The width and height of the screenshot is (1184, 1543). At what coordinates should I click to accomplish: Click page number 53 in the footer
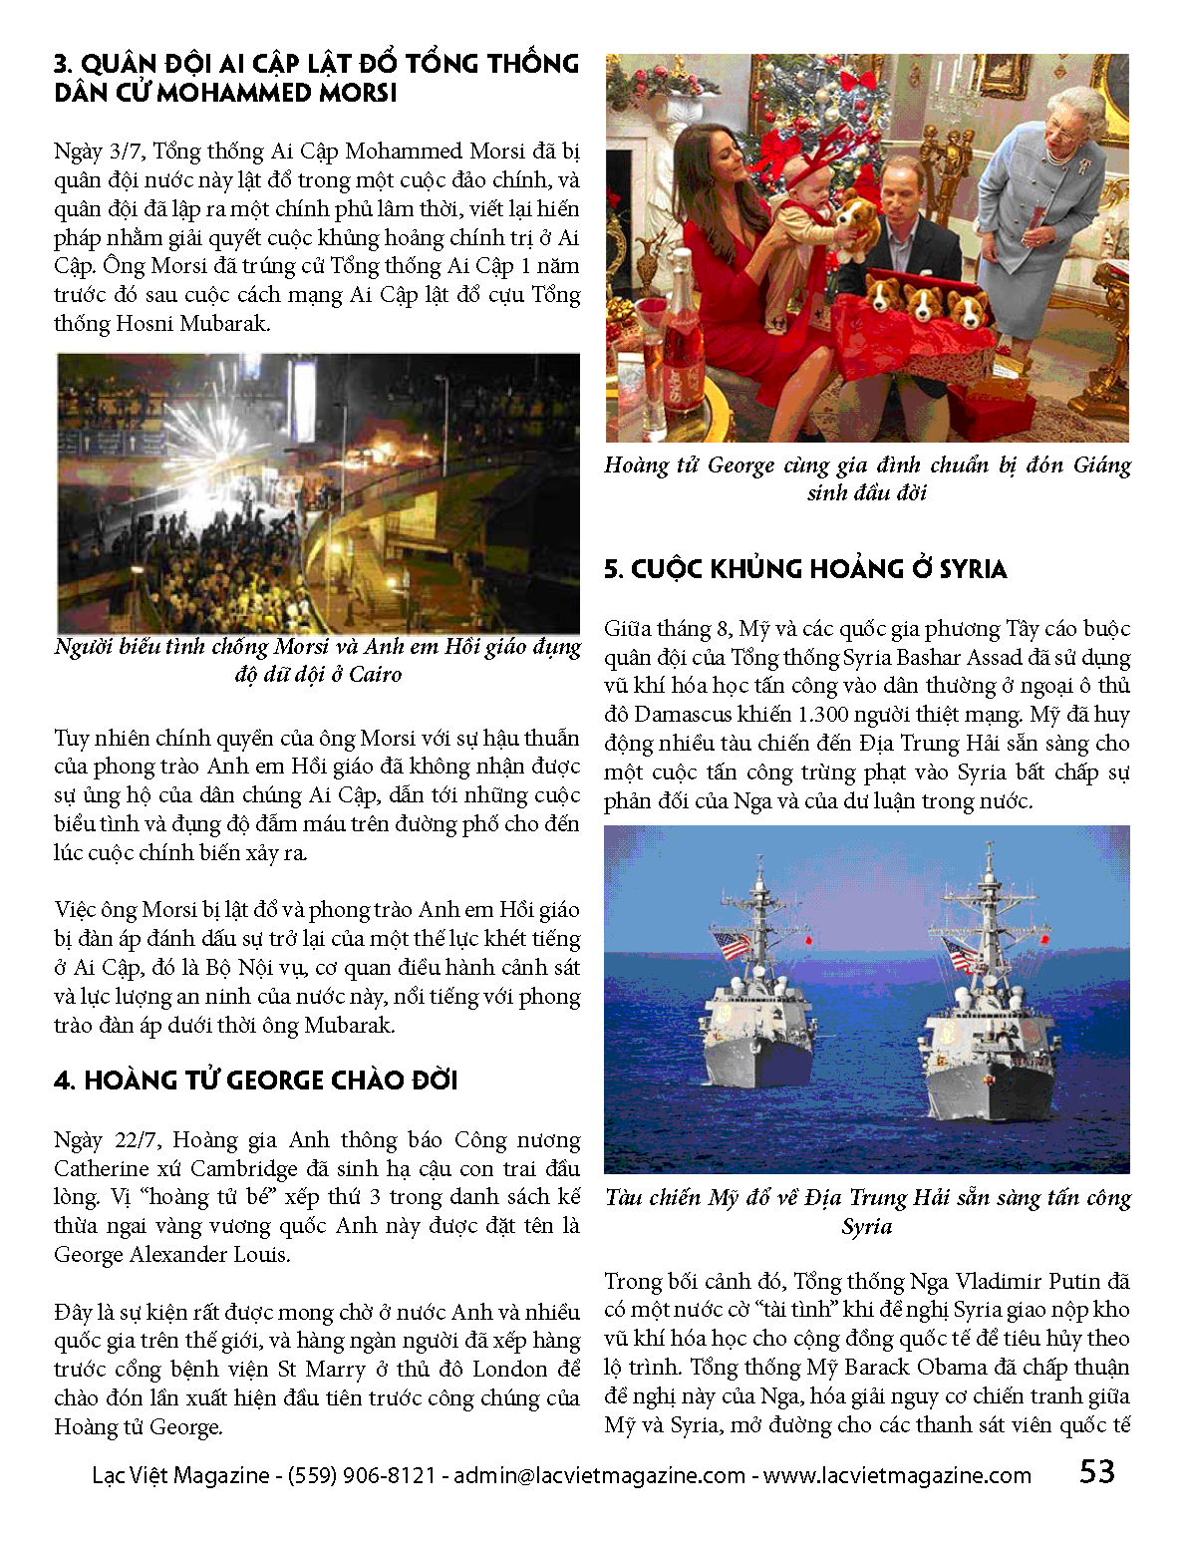pyautogui.click(x=1096, y=1471)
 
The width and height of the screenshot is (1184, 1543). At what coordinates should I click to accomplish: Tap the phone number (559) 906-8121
pyautogui.click(x=361, y=1475)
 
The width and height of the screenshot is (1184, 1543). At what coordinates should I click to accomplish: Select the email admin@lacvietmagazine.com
pyautogui.click(x=599, y=1475)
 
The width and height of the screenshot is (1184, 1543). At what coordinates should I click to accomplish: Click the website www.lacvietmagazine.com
pyautogui.click(x=897, y=1475)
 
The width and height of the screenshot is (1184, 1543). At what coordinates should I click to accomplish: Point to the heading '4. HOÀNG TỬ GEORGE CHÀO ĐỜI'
pyautogui.click(x=255, y=1080)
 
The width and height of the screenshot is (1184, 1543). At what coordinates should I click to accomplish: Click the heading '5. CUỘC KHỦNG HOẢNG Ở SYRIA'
pyautogui.click(x=805, y=569)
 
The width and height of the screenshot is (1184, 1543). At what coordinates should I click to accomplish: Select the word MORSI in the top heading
pyautogui.click(x=358, y=93)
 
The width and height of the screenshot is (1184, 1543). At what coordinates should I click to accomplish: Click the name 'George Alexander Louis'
pyautogui.click(x=171, y=1255)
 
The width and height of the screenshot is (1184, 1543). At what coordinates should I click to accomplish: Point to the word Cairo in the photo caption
pyautogui.click(x=375, y=675)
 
